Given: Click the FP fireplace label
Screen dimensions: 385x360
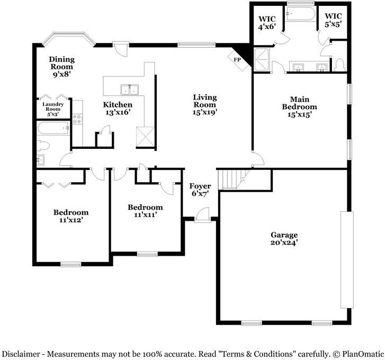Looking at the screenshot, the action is click(237, 60).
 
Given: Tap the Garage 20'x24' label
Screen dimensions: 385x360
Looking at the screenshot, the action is click(284, 239).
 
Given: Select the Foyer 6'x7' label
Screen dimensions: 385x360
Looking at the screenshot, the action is click(200, 190).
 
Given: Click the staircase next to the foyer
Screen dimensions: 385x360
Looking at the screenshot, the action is click(233, 179).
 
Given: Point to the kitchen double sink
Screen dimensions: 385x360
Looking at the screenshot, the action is click(129, 89).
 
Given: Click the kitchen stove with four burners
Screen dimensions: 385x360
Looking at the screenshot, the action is click(77, 119).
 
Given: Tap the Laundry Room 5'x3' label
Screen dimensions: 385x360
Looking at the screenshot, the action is click(53, 109).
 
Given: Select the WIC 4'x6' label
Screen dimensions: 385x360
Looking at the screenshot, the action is click(267, 23).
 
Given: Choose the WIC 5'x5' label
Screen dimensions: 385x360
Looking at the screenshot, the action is click(333, 20).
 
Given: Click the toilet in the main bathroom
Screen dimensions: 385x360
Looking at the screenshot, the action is click(341, 65).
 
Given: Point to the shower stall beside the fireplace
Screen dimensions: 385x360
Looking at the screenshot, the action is click(261, 60).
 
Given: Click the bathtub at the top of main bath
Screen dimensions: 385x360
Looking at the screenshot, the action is click(301, 14).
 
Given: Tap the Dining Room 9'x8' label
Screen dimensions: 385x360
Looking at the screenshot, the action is click(61, 67).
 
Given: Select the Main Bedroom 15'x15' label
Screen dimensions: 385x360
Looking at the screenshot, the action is click(299, 107).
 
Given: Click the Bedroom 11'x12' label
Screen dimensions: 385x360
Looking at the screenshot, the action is click(71, 216).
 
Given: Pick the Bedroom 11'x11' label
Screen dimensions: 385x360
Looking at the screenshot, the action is click(145, 211).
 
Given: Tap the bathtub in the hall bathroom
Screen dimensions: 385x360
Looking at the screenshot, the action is click(53, 128).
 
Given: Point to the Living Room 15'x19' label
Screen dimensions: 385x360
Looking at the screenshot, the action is click(205, 104).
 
